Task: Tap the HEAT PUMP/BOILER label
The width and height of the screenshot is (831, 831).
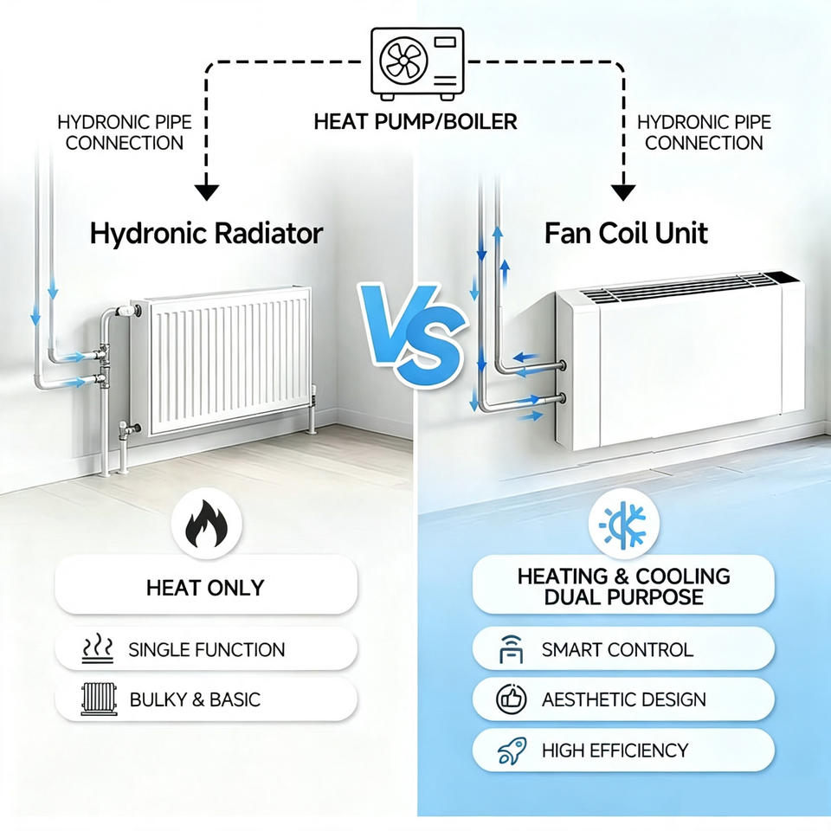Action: tap(415, 122)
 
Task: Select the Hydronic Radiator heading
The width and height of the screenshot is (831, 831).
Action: tap(206, 234)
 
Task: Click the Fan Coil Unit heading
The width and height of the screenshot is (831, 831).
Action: tap(626, 233)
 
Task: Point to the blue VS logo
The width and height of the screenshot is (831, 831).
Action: tap(412, 335)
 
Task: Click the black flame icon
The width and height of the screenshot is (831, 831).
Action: tap(207, 524)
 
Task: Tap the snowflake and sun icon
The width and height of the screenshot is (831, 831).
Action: tap(623, 525)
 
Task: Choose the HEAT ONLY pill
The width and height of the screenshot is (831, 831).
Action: tap(206, 586)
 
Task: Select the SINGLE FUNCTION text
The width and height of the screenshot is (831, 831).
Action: tap(207, 650)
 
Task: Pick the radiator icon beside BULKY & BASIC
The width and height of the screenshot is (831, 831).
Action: tap(99, 699)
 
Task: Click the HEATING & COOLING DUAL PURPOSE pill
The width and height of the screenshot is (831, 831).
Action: tap(623, 584)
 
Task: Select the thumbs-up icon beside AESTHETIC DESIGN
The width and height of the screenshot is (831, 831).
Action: tap(511, 699)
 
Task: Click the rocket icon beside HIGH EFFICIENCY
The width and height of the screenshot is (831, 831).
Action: tap(512, 750)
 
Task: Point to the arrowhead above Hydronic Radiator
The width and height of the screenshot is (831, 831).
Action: tap(206, 192)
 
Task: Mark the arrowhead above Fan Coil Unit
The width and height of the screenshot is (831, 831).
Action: tap(623, 192)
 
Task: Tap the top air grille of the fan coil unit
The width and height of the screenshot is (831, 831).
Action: tap(689, 287)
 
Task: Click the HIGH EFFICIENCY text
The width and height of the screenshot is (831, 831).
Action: tap(615, 750)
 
